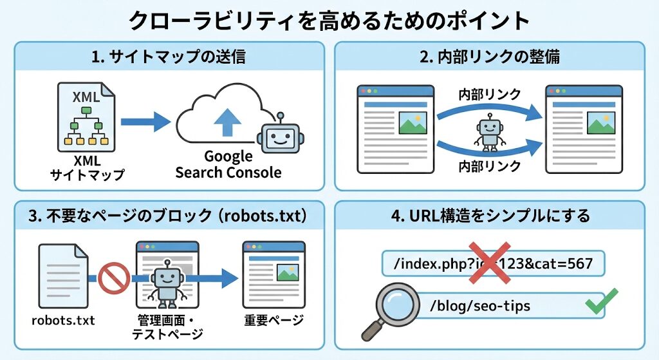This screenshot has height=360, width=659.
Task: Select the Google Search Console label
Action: coord(228,164)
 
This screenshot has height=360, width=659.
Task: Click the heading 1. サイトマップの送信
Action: coord(169,57)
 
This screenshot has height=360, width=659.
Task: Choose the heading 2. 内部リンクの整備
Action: coord(490,57)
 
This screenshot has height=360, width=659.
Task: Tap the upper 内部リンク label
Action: coord(489,95)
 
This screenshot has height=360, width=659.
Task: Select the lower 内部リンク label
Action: coord(489,167)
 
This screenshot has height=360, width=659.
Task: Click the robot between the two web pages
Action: coord(490,132)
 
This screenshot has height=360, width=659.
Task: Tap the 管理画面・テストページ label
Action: coord(167,327)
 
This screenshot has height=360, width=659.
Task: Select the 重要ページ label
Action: coord(274,319)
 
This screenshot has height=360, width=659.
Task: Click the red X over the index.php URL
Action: coord(490,262)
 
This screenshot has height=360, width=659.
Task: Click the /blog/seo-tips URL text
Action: coord(480,306)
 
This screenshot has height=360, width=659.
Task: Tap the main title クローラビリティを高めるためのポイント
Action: coord(329,21)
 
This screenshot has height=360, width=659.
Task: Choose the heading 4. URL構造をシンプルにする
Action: coord(490,215)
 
